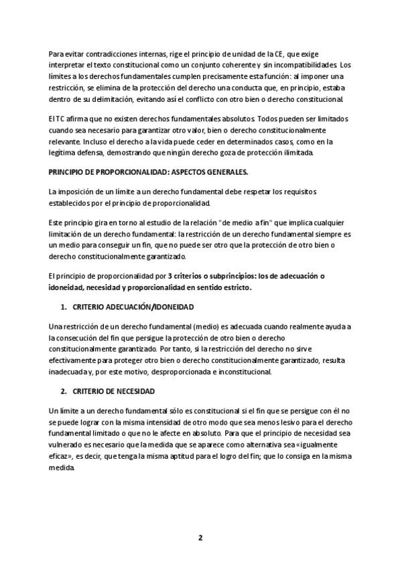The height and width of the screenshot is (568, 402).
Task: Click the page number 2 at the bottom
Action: [200, 537]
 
